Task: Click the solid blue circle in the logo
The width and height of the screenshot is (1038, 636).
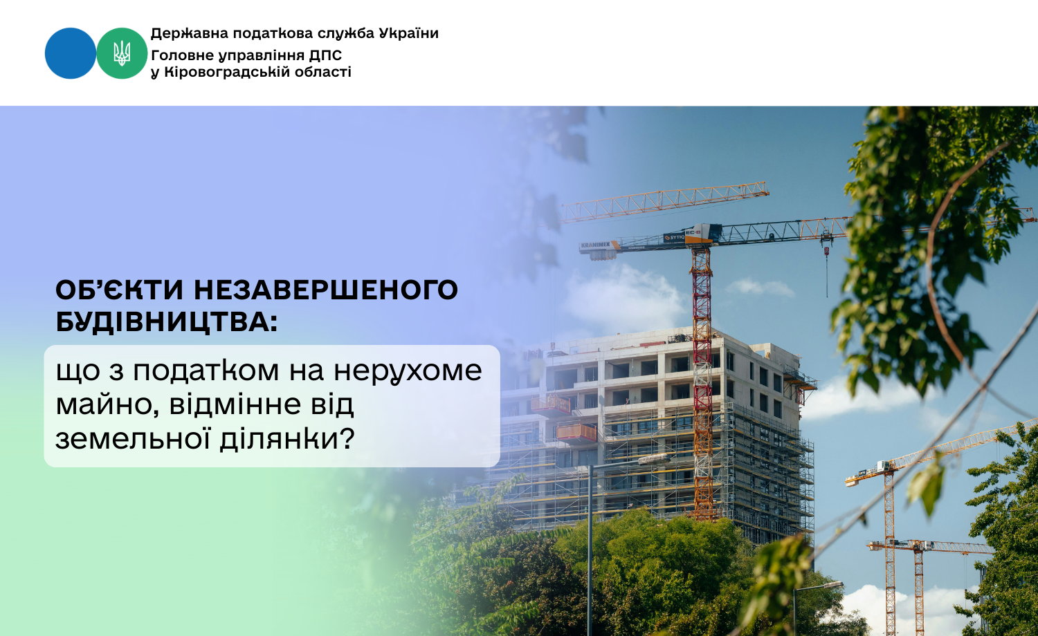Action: click(71, 53)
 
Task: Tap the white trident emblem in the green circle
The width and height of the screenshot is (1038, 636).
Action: click(122, 53)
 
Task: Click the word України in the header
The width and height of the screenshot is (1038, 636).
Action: click(408, 33)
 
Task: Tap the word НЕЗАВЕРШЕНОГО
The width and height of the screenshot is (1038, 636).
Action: click(326, 290)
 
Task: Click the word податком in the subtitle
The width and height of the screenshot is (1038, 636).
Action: click(206, 371)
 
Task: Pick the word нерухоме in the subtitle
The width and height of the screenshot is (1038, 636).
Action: click(408, 371)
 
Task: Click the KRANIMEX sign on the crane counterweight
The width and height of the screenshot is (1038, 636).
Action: click(595, 244)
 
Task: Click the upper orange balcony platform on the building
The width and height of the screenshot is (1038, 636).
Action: click(551, 404)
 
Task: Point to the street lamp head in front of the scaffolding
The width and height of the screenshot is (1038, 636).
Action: click(654, 459)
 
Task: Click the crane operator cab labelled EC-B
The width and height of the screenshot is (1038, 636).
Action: click(703, 232)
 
